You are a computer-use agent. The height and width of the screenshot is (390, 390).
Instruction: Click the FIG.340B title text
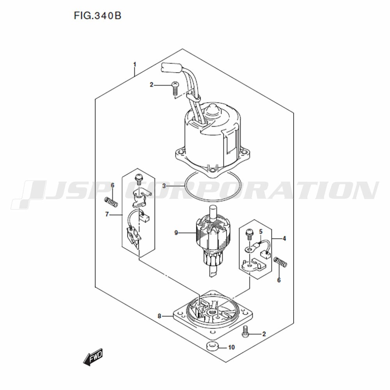click(97, 16)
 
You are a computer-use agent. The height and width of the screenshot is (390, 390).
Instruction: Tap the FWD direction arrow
click(93, 357)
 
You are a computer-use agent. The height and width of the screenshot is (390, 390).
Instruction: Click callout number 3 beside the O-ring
click(164, 186)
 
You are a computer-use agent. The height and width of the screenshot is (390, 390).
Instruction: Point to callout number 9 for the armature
click(176, 233)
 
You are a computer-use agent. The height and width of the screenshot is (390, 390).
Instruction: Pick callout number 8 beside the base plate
click(160, 316)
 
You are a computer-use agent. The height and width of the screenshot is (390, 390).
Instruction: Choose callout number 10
click(231, 347)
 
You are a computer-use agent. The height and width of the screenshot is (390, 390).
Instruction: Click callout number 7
click(107, 214)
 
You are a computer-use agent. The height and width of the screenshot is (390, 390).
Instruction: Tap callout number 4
click(284, 239)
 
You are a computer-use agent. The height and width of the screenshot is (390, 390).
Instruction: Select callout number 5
click(261, 232)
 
